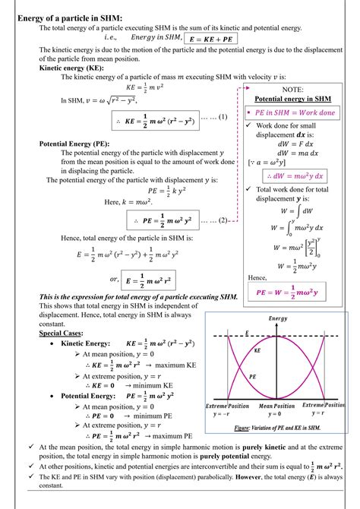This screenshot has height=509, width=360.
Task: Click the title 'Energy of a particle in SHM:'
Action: (x=69, y=17)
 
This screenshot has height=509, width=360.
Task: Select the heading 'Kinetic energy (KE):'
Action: (x=72, y=67)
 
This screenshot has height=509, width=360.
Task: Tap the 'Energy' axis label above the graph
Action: (x=277, y=317)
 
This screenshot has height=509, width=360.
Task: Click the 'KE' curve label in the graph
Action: (x=257, y=352)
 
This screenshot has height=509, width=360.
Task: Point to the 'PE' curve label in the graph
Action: (x=253, y=376)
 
